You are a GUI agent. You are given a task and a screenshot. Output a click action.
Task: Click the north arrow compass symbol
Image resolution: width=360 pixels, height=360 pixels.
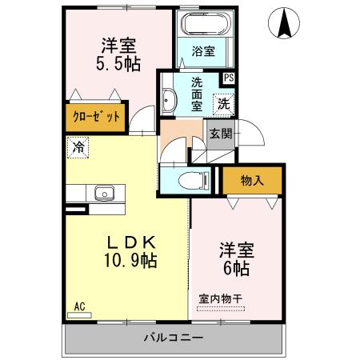(284, 23)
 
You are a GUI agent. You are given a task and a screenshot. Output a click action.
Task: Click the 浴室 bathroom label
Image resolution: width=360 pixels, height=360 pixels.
(204, 52)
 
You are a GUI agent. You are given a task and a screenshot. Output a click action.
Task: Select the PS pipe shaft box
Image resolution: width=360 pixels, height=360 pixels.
(229, 78)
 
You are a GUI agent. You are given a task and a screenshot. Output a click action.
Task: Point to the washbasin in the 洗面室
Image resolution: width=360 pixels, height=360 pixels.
(170, 99)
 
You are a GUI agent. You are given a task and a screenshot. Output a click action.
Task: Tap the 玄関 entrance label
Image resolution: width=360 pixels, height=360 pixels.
(221, 134)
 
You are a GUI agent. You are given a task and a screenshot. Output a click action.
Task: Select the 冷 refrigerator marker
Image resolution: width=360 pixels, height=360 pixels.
(78, 146)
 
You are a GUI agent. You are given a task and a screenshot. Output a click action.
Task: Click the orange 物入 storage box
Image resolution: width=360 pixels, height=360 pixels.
(253, 181)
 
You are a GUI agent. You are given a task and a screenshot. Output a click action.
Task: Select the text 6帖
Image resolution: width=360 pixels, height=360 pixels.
(236, 267)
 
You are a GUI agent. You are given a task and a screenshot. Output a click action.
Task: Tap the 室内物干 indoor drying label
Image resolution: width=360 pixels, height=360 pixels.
(220, 300)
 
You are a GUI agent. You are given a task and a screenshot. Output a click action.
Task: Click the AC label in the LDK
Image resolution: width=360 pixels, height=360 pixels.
(79, 306)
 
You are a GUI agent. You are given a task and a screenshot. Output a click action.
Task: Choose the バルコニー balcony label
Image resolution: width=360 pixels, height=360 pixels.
(174, 337)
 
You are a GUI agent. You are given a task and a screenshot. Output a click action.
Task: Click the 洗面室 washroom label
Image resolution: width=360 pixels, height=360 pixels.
(196, 92)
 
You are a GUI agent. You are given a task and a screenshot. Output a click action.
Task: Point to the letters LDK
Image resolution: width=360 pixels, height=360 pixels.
(132, 240)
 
